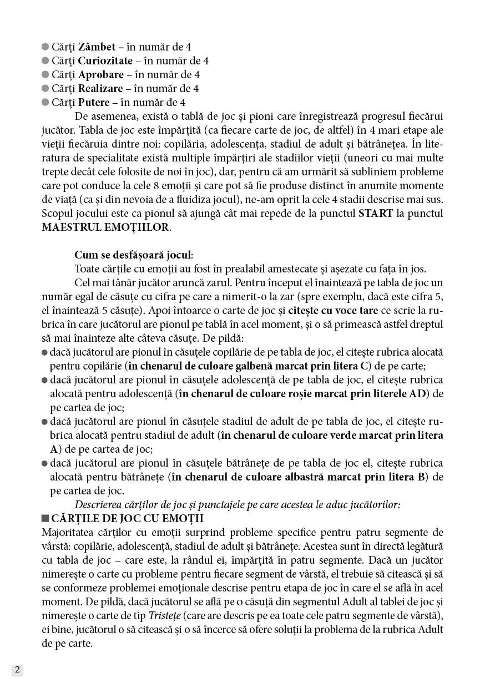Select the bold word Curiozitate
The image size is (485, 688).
[105, 60]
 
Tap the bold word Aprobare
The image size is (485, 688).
[100, 74]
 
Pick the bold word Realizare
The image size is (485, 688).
[100, 88]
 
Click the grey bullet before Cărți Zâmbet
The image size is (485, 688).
[46, 47]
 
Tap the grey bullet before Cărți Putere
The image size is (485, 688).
[46, 102]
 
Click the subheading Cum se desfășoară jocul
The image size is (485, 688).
[133, 255]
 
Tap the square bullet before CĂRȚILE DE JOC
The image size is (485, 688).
[45, 519]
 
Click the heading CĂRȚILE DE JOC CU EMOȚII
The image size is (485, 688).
[127, 519]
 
